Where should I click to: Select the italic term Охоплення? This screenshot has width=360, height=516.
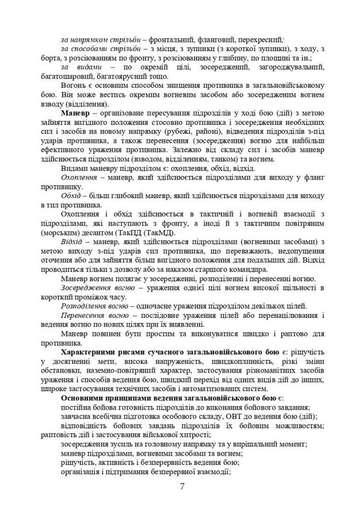tap(79, 178)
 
